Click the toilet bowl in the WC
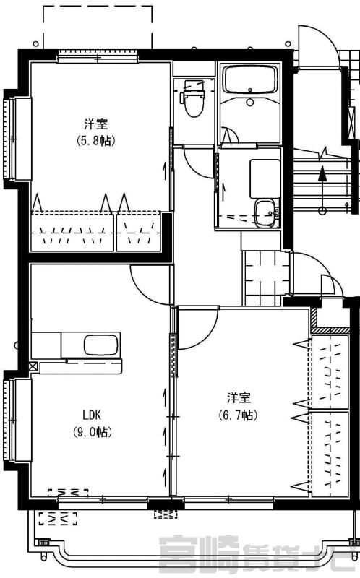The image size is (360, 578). coord(194,104)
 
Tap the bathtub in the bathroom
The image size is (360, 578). coord(249,79)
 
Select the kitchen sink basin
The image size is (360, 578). coord(100,345)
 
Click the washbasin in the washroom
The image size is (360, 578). coord(265,213)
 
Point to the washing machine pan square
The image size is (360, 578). coord(265,179)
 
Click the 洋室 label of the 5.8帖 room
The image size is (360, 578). coord(96,124)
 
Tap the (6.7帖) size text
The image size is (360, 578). coord(239,415)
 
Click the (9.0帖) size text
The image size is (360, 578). coord(93,431)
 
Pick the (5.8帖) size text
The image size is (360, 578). coord(96,140)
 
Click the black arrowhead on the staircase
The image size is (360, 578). coord(322,173)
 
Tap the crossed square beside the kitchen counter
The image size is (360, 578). coord(33,366)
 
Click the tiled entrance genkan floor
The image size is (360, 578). coord(267,278)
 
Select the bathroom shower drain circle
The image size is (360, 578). coord(250,102)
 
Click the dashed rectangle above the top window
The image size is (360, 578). coord(98,27)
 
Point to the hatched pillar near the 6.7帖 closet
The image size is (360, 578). coord(314,318)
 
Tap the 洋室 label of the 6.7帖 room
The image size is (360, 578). coord(239,398)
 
